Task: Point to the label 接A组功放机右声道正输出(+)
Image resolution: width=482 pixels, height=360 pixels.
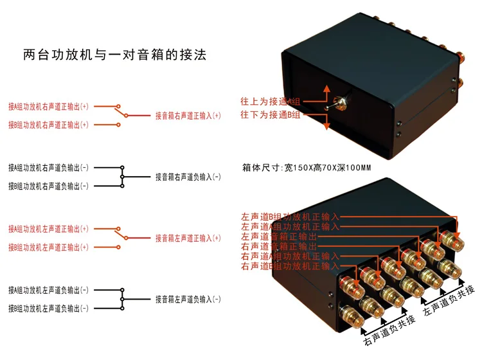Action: click(48, 107)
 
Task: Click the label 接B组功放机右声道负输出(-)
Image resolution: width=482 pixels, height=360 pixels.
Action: click(48, 186)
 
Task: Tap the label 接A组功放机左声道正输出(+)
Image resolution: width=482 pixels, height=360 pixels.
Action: click(48, 229)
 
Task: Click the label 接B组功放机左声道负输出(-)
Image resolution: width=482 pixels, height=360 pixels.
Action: click(48, 309)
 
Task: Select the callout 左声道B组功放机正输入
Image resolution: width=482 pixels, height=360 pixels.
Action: click(289, 217)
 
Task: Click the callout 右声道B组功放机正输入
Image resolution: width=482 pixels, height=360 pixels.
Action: click(289, 265)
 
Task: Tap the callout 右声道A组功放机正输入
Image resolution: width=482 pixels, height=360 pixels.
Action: click(289, 256)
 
